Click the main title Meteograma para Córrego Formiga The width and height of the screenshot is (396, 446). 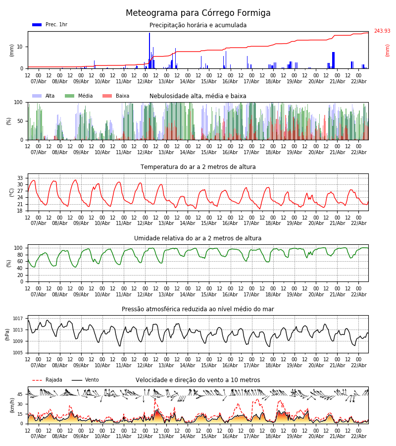[198, 13]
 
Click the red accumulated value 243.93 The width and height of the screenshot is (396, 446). [382, 31]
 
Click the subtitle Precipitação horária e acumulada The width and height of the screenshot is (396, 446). [198, 25]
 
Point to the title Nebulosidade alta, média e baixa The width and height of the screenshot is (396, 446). [198, 96]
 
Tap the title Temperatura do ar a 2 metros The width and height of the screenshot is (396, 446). [198, 167]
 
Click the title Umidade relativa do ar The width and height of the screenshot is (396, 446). [198, 238]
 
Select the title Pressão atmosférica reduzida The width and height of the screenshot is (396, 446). [198, 309]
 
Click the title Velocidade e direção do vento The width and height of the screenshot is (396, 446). [198, 380]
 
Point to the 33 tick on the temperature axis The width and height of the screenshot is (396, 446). [20, 178]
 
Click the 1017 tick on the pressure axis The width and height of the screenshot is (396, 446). [18, 319]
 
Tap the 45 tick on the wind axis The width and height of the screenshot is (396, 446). [20, 394]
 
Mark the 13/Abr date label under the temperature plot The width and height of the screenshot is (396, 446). [166, 223]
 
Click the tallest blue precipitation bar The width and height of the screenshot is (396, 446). [149, 50]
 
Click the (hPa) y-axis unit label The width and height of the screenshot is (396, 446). [7, 334]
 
